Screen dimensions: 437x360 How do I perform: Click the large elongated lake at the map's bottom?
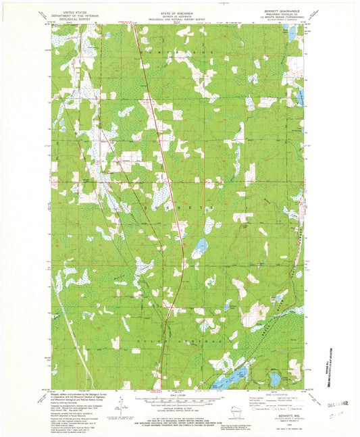click(x=230, y=380)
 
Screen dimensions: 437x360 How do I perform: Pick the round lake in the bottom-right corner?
click(x=275, y=380)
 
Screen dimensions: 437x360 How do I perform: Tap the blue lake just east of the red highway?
click(x=199, y=248)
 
